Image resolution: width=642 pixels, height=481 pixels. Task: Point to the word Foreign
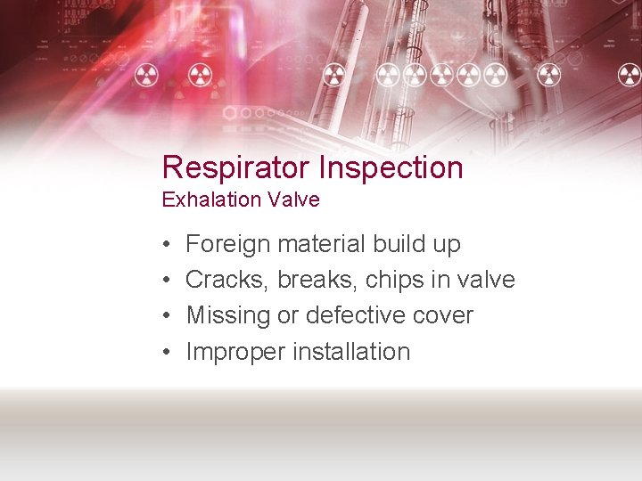coord(227,244)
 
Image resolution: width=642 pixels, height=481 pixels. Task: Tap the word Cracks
coord(226,280)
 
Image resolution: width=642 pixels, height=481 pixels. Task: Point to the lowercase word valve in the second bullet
coord(487,280)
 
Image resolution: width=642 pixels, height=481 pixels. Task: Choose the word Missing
coord(227,316)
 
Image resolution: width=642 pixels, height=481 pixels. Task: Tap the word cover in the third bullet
coord(443,316)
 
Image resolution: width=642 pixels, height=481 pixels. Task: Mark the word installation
coord(355,351)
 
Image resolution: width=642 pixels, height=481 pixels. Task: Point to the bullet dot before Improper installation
coord(166,353)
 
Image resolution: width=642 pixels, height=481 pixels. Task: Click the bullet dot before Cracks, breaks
coord(166,281)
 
